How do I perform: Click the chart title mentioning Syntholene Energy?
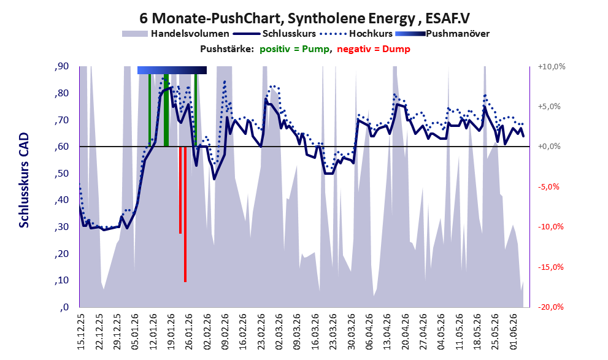coord(304,18)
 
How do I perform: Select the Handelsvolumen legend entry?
coord(175,34)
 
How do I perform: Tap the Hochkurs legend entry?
coord(356,34)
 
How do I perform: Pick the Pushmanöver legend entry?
coord(442,34)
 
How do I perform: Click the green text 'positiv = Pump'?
coord(295,49)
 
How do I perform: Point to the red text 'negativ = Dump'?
coord(374,49)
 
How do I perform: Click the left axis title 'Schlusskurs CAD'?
coord(24,180)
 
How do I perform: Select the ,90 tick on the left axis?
coord(61,66)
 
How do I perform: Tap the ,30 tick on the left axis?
coord(61,227)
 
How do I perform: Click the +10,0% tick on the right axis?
coord(552,67)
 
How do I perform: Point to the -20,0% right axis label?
coord(550,307)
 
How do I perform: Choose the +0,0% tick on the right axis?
coord(549,147)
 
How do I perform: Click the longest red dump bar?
coord(185,214)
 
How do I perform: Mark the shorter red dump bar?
coord(180,190)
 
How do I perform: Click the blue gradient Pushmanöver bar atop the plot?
coord(172,70)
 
